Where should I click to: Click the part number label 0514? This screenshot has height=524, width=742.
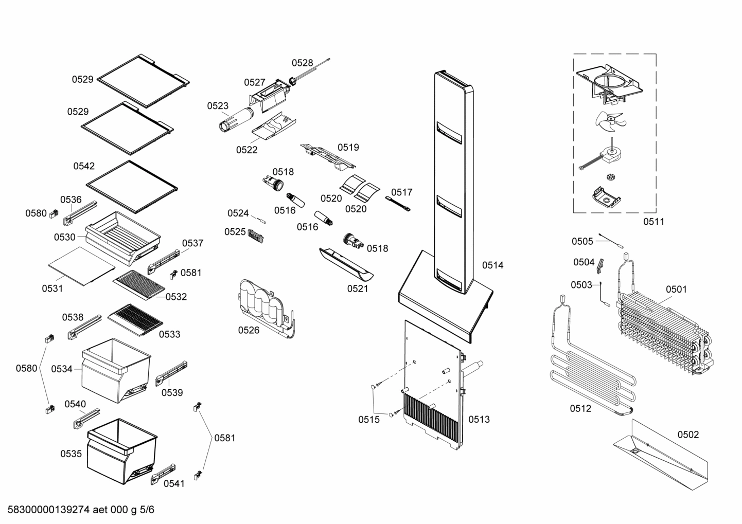point(492,265)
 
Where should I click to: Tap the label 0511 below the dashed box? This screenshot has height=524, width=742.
point(653,222)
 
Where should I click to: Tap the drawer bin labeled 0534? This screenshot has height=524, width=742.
point(116,370)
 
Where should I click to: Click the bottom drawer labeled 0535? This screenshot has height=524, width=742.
point(121,453)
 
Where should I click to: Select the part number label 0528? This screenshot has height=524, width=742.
point(302,63)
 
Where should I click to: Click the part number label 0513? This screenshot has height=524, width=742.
point(479,419)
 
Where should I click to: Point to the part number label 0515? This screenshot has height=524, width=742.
point(368,420)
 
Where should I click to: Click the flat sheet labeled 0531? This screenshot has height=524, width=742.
point(81,265)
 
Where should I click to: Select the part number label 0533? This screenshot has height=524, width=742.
point(169,334)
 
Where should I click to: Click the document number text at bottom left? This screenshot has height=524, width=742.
point(78,510)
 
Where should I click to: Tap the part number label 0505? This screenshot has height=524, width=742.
point(582,241)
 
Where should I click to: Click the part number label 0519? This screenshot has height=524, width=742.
point(348,147)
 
